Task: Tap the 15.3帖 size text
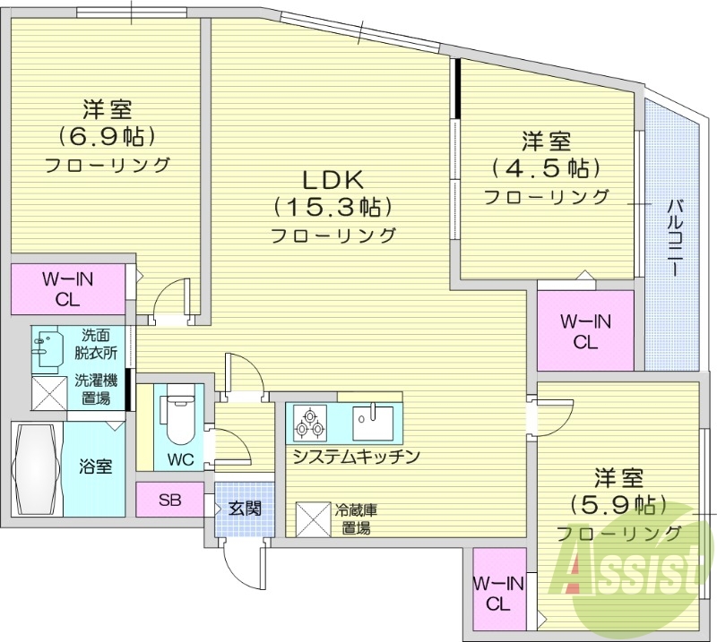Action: (333, 208)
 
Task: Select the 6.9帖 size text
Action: (108, 136)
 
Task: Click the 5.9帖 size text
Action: (618, 505)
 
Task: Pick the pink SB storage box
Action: (169, 500)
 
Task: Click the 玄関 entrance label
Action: (243, 509)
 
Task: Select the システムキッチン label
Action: (355, 457)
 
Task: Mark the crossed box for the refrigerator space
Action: (315, 518)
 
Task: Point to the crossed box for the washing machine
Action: (50, 393)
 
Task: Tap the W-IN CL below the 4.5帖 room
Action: (585, 330)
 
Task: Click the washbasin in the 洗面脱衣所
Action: (50, 348)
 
